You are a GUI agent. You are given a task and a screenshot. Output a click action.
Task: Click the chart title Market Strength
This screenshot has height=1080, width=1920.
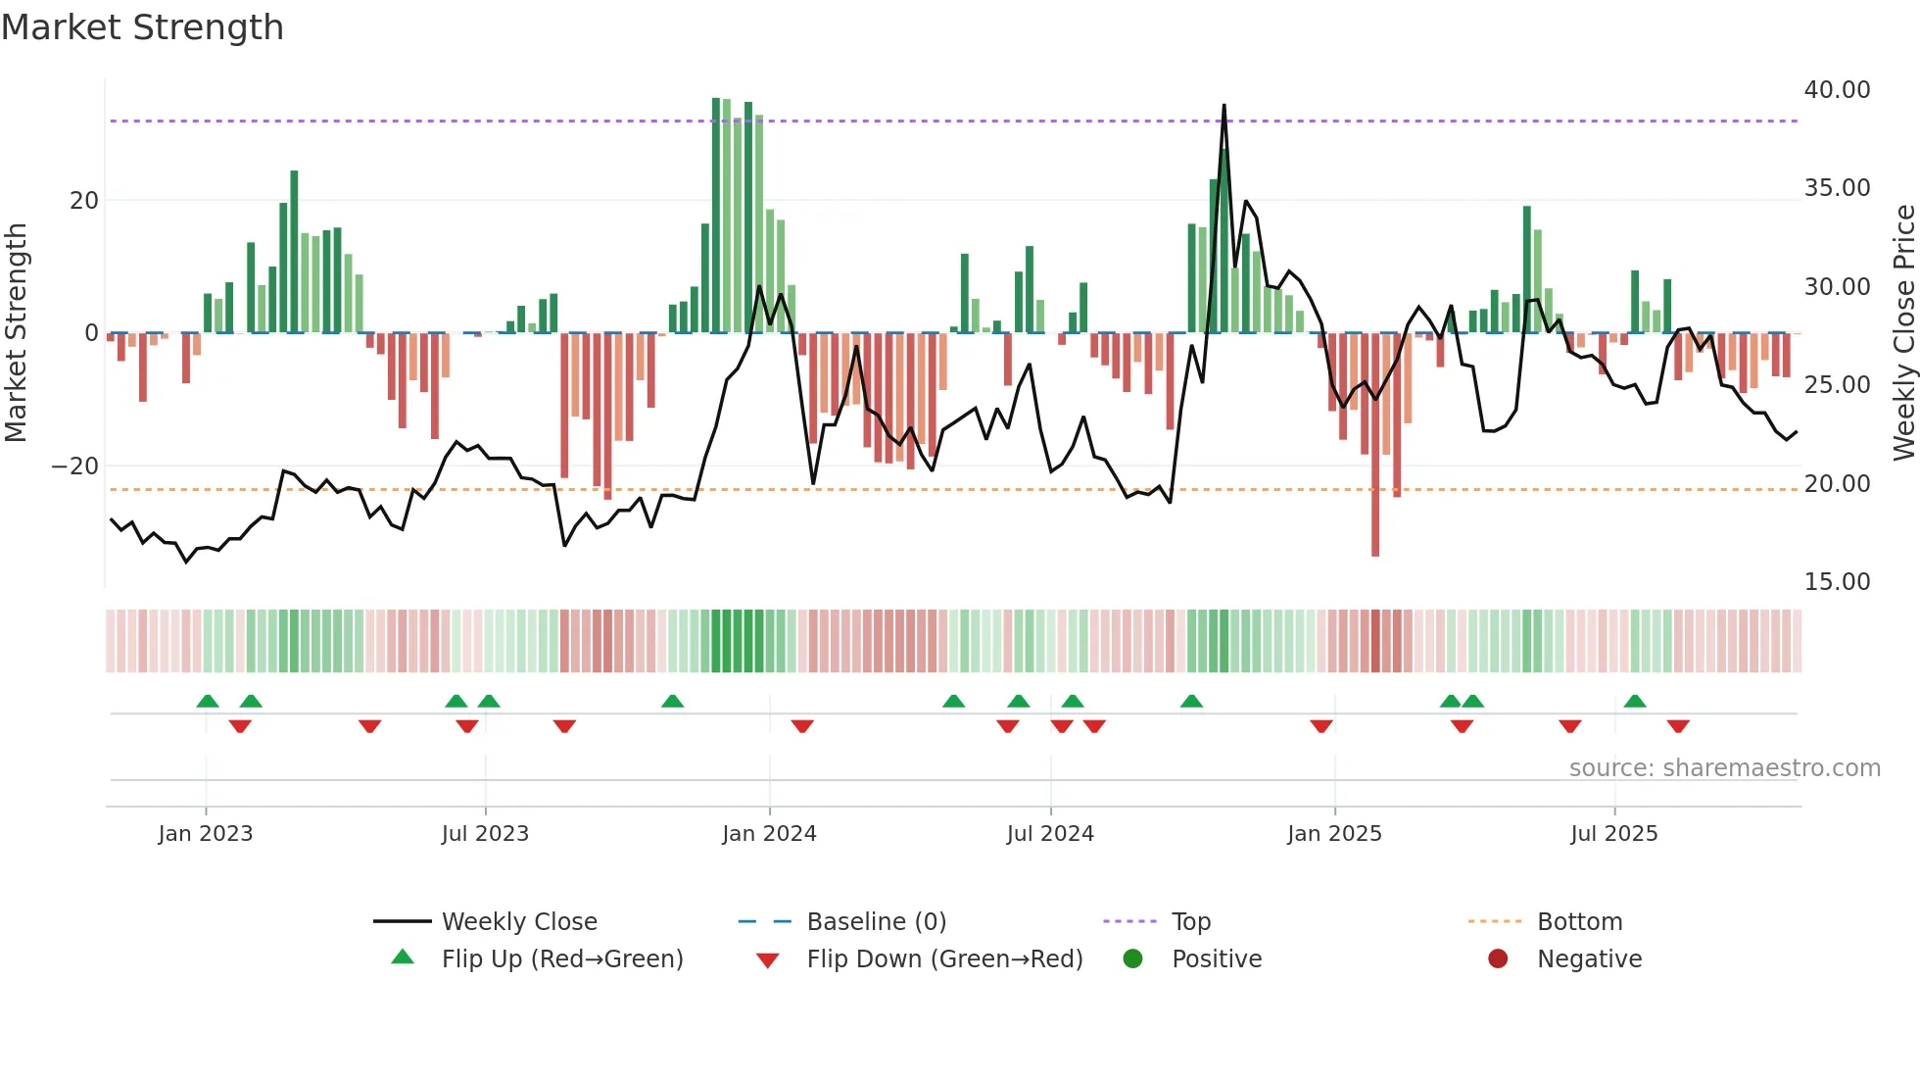pyautogui.click(x=142, y=27)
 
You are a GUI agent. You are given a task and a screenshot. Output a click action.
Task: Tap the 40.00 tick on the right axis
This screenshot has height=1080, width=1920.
pyautogui.click(x=1837, y=90)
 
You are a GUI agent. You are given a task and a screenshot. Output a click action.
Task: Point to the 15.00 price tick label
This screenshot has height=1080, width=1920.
pyautogui.click(x=1837, y=582)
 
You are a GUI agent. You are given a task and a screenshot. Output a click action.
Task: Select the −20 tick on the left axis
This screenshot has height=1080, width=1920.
pyautogui.click(x=76, y=466)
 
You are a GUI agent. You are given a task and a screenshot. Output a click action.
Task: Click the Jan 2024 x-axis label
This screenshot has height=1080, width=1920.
pyautogui.click(x=769, y=834)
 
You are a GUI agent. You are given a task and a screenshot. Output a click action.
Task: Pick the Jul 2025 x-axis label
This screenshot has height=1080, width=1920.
pyautogui.click(x=1613, y=834)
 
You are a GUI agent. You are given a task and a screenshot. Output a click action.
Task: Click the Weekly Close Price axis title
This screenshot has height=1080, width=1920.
pyautogui.click(x=1903, y=333)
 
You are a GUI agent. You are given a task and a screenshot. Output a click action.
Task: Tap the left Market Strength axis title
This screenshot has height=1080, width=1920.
pyautogui.click(x=17, y=333)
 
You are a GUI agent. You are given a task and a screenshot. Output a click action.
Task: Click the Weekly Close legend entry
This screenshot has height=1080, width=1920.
pyautogui.click(x=518, y=922)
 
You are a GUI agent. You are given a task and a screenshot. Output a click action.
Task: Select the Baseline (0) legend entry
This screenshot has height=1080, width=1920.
pyautogui.click(x=876, y=922)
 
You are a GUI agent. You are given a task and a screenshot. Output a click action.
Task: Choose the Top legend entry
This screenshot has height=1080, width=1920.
pyautogui.click(x=1190, y=922)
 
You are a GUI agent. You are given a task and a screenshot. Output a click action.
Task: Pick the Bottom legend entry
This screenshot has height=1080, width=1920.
pyautogui.click(x=1579, y=922)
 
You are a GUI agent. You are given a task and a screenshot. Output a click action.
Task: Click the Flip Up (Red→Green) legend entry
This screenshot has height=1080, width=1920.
pyautogui.click(x=561, y=959)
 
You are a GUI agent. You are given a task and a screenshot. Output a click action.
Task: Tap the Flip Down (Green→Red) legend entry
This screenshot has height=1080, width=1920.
pyautogui.click(x=944, y=959)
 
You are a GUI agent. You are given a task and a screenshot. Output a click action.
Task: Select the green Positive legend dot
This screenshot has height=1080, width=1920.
pyautogui.click(x=1133, y=959)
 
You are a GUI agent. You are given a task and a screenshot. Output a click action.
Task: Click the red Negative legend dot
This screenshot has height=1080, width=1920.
pyautogui.click(x=1498, y=959)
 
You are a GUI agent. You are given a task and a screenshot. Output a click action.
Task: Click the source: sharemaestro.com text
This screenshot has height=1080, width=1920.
pyautogui.click(x=1724, y=768)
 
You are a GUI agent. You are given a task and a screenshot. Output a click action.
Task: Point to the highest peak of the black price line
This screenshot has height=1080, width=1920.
pyautogui.click(x=1224, y=106)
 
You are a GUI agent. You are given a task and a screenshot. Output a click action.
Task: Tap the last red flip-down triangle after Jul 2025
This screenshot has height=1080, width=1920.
pyautogui.click(x=1678, y=726)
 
